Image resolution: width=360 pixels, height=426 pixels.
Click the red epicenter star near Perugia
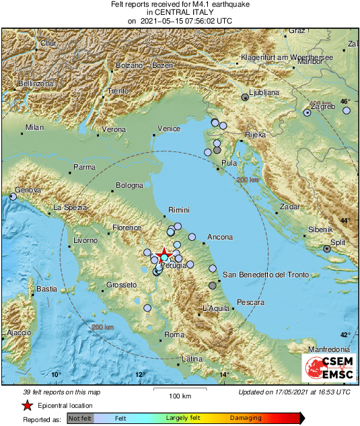[164, 252]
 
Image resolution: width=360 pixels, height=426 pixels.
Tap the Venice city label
[169, 129]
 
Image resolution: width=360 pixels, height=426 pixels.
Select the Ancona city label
[220, 237]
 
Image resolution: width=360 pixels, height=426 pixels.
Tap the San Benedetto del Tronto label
[265, 275]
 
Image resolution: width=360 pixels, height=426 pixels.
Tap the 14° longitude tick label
[224, 375]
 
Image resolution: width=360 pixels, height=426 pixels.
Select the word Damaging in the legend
[246, 417]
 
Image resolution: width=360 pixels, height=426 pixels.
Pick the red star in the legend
[26, 405]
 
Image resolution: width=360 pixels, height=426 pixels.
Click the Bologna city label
[129, 185]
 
